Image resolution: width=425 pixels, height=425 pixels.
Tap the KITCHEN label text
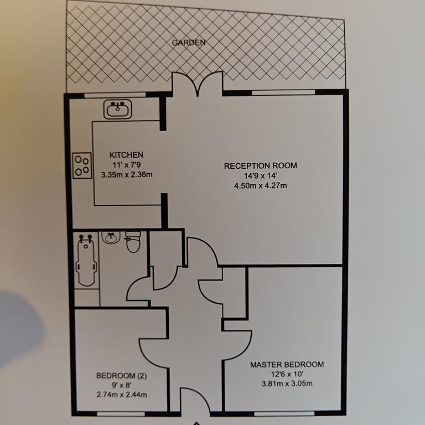click(127, 155)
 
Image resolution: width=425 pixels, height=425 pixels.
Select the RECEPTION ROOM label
click(261, 165)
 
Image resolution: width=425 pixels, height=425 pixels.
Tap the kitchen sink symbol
click(118, 109)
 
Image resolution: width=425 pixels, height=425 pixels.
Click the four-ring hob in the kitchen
click(82, 165)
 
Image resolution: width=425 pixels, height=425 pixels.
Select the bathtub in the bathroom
click(86, 260)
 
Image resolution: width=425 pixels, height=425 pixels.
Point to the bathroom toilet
click(133, 242)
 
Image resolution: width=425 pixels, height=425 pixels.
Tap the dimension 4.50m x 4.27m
click(261, 185)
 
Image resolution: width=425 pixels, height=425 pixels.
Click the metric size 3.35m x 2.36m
click(127, 175)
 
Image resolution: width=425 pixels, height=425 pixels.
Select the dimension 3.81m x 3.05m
click(287, 384)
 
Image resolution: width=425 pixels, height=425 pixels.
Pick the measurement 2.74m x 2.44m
click(122, 395)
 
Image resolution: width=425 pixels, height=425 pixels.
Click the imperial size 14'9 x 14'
click(261, 175)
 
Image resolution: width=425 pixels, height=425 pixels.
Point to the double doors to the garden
click(196, 84)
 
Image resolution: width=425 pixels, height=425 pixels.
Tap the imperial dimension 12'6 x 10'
click(287, 375)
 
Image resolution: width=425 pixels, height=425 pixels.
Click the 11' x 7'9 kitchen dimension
click(127, 165)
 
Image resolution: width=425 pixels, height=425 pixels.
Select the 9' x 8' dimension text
click(122, 385)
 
